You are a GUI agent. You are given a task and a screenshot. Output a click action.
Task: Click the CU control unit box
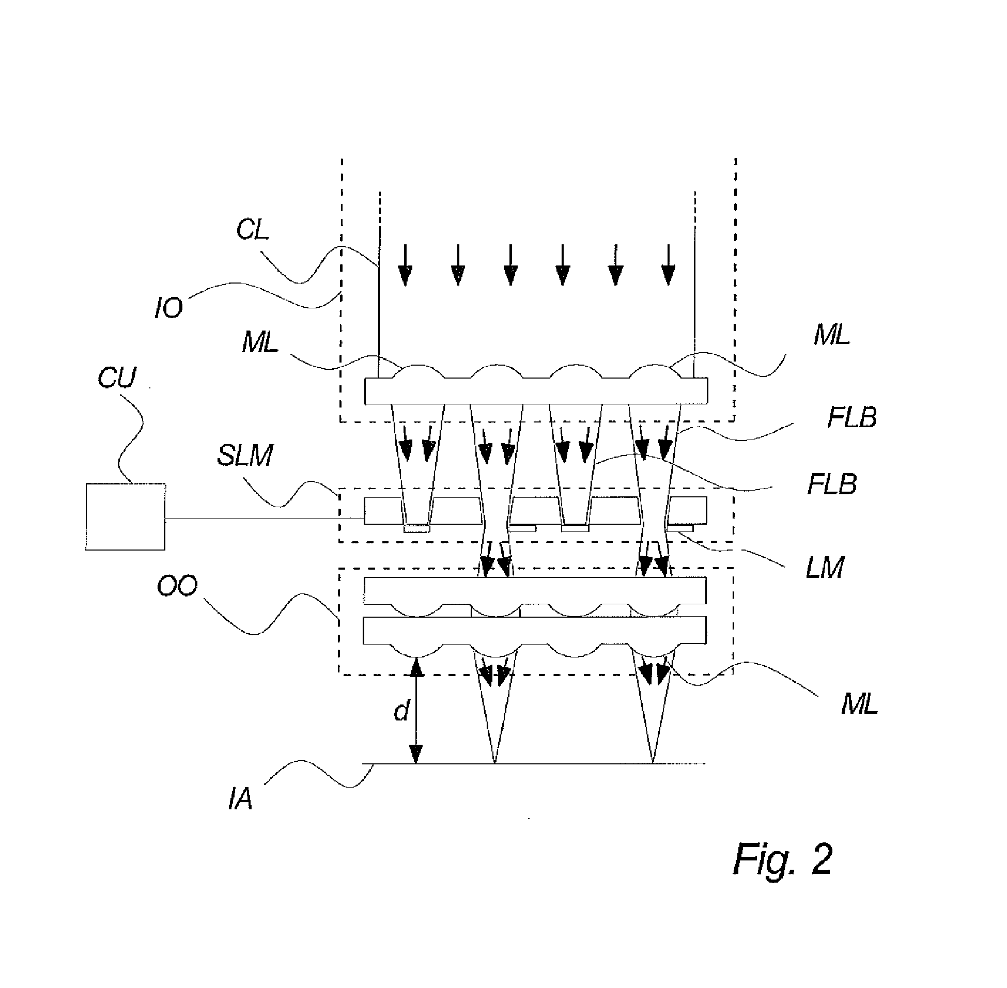(x=125, y=516)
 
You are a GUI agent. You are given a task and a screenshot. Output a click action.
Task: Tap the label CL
(x=252, y=229)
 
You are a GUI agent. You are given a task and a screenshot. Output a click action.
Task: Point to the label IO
(x=169, y=308)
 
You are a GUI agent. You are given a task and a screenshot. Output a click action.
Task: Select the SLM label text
(x=244, y=456)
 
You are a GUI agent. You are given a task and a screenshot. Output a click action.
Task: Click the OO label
(x=177, y=586)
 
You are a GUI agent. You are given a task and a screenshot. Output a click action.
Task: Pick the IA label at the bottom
(x=240, y=799)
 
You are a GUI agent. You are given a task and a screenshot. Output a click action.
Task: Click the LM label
(x=824, y=568)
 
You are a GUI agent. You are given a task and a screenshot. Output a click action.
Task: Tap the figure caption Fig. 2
(x=782, y=859)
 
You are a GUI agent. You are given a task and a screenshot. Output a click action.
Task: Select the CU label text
(x=117, y=377)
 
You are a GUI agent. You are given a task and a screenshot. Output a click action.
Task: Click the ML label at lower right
(x=859, y=704)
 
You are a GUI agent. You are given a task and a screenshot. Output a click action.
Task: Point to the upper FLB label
(x=852, y=418)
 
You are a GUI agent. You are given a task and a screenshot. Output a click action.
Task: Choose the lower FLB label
(x=831, y=484)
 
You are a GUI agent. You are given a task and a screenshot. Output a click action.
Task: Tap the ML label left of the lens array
(x=260, y=343)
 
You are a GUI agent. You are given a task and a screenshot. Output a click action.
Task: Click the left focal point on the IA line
(x=494, y=762)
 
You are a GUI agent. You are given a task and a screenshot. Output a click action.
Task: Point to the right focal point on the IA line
(x=653, y=762)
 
